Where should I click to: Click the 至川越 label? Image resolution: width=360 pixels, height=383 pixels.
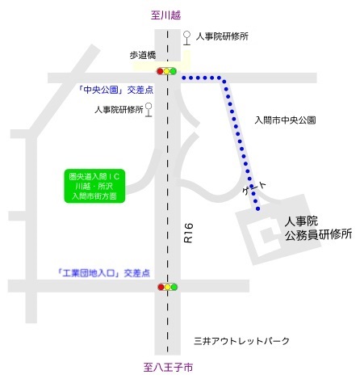168,14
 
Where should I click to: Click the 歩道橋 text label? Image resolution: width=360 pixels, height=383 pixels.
145,55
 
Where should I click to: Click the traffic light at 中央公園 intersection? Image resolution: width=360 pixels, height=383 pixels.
167,72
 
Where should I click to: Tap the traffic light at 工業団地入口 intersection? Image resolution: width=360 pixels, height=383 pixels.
167,286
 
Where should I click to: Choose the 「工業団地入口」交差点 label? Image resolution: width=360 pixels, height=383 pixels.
103,273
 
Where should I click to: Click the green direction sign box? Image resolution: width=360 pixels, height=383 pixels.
94,185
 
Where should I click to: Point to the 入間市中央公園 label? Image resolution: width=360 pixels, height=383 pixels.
284,120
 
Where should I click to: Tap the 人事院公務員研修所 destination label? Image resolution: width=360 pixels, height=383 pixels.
318,227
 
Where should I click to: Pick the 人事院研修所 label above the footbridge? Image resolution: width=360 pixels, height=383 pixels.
222,36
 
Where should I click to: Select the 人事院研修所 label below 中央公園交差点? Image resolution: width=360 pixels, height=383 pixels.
118,108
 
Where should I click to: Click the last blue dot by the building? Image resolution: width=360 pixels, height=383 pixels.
257,209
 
